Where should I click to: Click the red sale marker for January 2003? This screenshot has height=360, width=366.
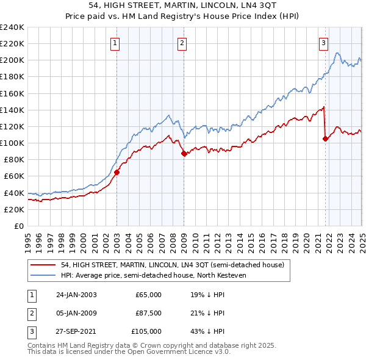117,172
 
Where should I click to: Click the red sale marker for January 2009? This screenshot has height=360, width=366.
183,154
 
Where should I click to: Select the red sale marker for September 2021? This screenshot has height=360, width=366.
325,139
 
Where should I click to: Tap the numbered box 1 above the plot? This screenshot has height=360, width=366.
115,43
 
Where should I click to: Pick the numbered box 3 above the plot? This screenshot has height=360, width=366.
323,43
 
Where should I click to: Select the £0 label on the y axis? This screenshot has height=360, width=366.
18,226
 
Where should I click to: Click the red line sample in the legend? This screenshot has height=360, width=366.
43,265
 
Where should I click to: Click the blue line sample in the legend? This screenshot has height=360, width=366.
43,275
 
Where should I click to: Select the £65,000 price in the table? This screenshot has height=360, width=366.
148,295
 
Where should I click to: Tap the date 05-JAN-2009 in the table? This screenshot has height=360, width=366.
76,313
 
